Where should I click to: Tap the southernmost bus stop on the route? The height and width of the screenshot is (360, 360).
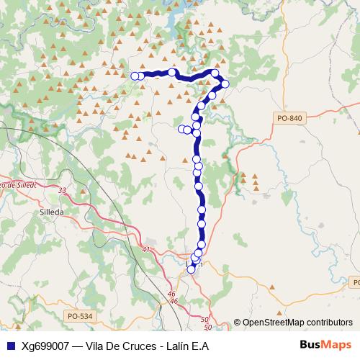[x=191, y=269]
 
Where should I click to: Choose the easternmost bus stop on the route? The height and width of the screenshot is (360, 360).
[x=225, y=84]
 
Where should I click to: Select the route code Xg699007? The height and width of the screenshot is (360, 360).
[x=45, y=345]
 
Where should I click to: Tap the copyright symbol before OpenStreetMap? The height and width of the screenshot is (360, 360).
[x=238, y=323]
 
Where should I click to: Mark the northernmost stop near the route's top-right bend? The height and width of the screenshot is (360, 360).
[x=215, y=73]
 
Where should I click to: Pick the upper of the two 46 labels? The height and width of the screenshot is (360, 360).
[x=172, y=294]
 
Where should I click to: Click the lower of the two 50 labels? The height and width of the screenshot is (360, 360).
[x=207, y=328]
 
